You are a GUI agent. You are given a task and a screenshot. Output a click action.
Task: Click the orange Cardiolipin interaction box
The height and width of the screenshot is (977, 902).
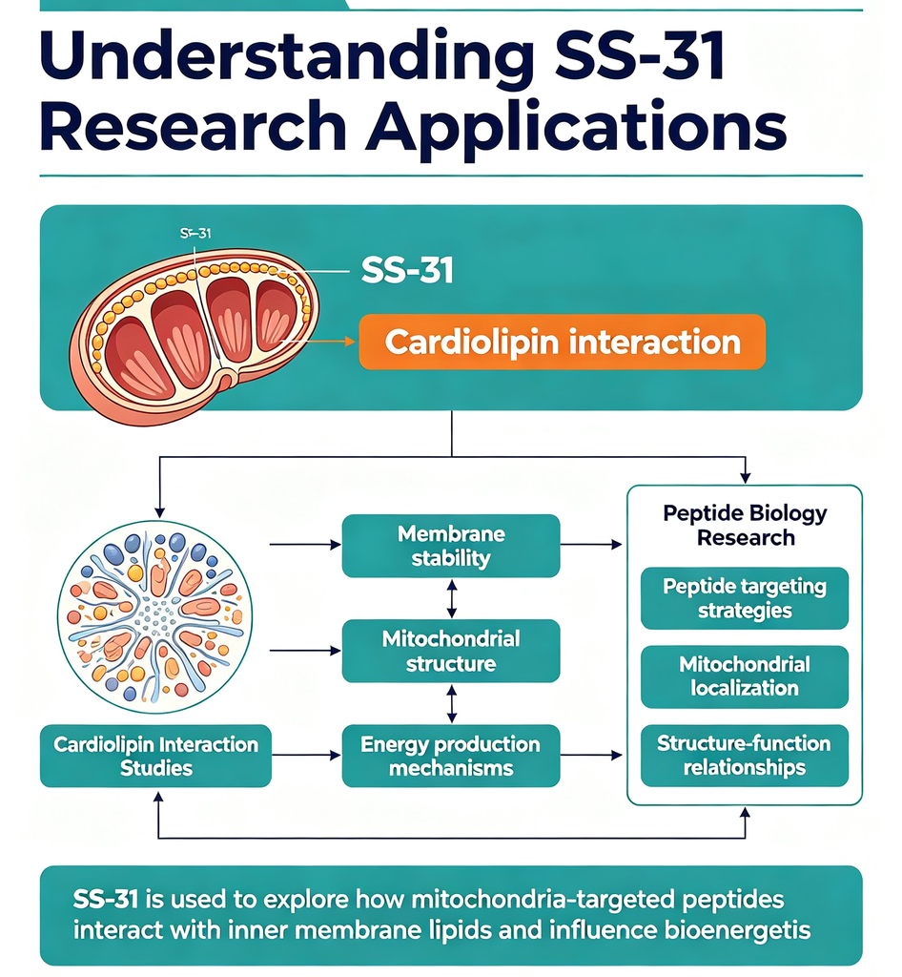[563, 343]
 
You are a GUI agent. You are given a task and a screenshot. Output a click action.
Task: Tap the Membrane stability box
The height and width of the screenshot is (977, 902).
[451, 546]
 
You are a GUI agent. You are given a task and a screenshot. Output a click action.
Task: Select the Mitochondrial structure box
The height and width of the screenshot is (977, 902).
[451, 651]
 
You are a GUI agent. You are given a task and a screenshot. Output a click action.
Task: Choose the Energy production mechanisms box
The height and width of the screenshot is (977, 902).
[451, 756]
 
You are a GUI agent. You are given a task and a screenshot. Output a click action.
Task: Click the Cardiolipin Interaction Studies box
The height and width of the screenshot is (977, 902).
[155, 756]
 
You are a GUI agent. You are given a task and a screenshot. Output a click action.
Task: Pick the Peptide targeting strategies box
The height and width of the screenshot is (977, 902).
[745, 598]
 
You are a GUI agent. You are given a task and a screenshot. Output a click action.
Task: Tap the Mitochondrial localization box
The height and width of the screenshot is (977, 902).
[745, 676]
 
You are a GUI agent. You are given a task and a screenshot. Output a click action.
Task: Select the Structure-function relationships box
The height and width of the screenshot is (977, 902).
[745, 756]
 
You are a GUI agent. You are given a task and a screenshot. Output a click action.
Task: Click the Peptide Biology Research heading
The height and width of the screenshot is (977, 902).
[745, 526]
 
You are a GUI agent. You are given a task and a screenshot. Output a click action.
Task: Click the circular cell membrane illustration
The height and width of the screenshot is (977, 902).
[155, 617]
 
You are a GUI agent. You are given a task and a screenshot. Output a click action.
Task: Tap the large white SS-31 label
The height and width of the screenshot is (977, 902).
[407, 271]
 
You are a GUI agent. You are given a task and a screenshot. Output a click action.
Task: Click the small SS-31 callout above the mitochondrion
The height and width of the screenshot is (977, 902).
[195, 234]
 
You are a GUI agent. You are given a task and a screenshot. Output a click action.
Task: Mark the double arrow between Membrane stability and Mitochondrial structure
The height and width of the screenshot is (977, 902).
[452, 598]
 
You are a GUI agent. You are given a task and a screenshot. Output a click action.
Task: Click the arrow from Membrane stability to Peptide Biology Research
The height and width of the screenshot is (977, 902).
[591, 545]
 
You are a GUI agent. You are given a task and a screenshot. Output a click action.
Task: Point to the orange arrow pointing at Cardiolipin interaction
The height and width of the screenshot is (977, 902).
[318, 342]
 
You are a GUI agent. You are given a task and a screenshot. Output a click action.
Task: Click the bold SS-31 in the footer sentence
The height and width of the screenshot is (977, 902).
[105, 900]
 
